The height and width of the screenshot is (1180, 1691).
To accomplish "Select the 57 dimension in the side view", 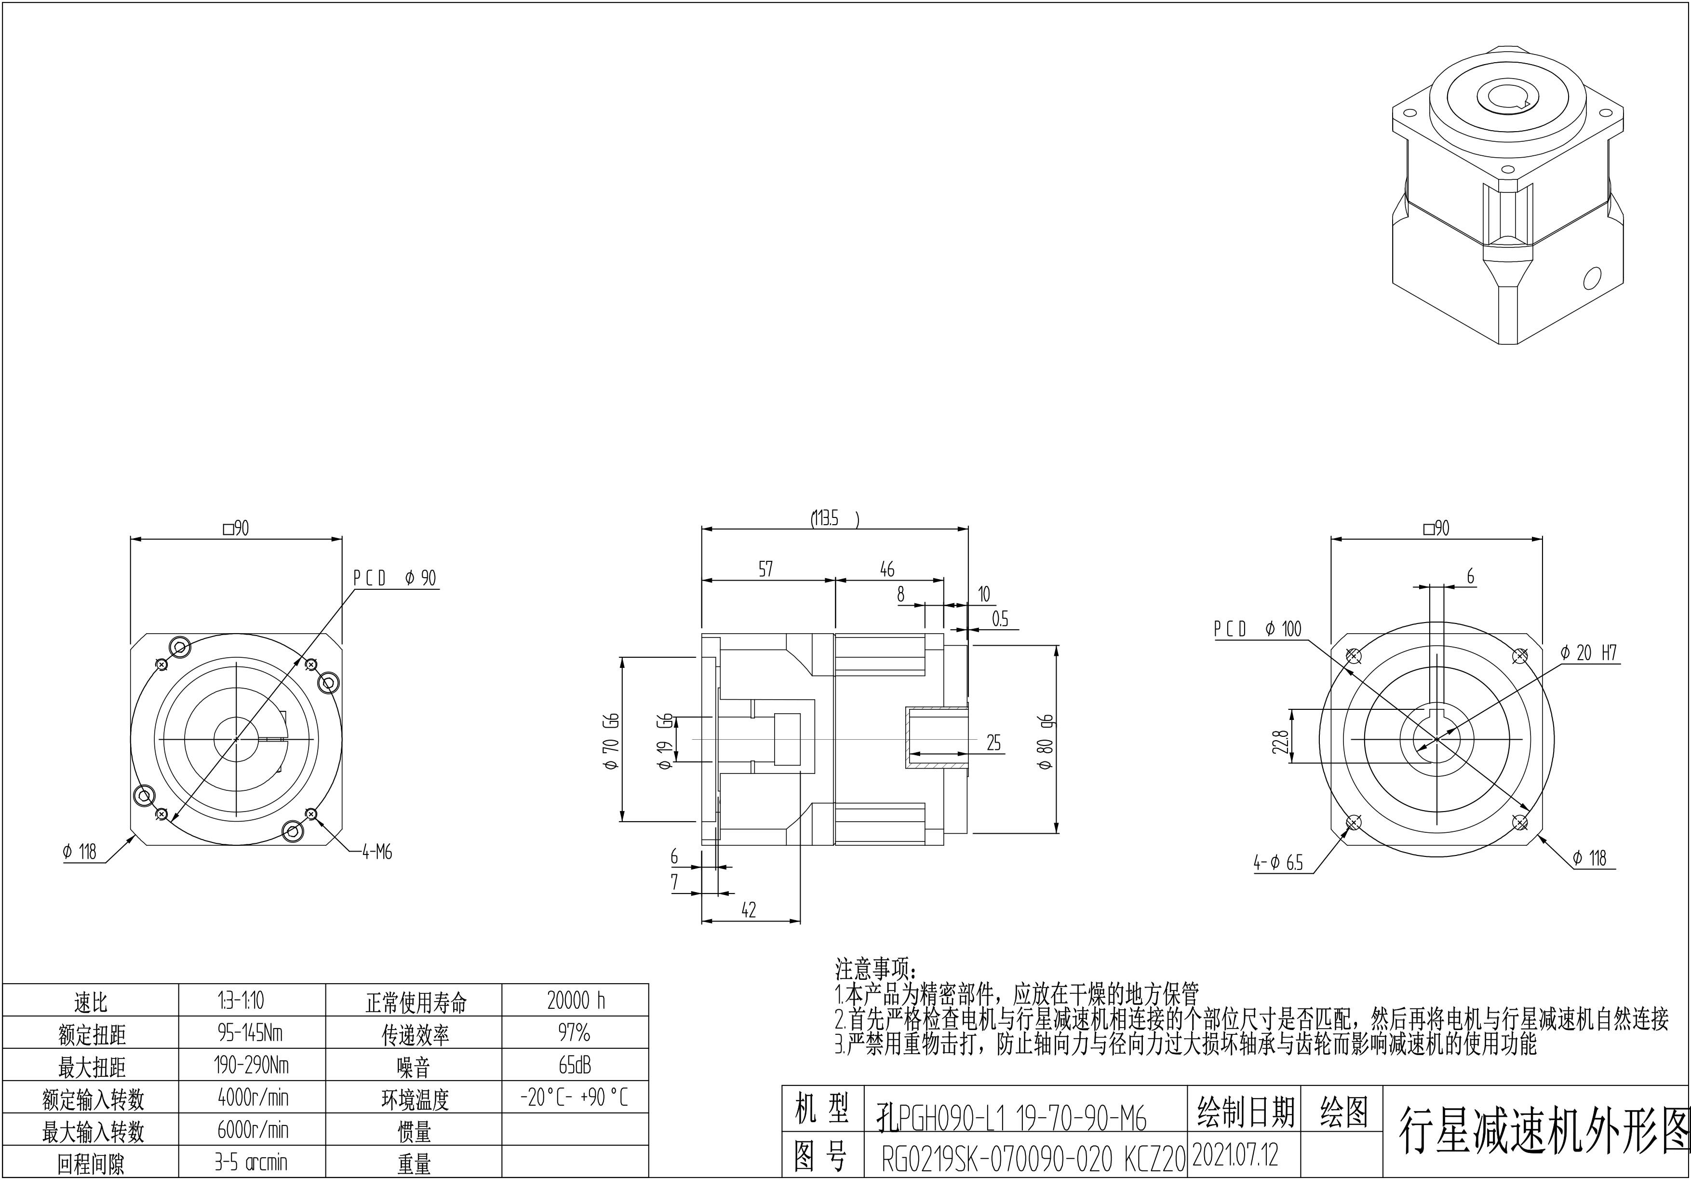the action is tap(766, 569).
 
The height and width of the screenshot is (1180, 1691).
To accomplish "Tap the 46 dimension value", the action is tap(887, 569).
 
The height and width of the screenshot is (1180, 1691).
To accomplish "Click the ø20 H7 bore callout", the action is tap(1589, 652).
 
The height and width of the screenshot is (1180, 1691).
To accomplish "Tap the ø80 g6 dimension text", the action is tap(1046, 742).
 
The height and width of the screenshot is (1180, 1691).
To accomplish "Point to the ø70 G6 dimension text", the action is tap(611, 741).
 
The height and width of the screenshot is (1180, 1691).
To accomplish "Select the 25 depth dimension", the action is tap(993, 743).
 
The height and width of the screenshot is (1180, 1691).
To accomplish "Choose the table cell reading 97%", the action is tap(575, 1033).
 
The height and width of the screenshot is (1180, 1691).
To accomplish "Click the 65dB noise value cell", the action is tap(575, 1065).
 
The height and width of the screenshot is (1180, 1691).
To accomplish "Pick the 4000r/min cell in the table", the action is tap(253, 1098).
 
